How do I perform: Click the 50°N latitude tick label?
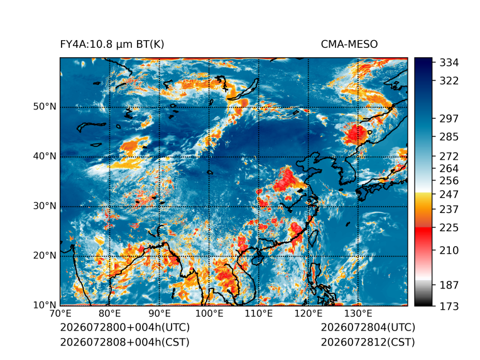point(45,107)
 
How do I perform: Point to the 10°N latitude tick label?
point(45,305)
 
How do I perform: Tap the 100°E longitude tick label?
point(209,314)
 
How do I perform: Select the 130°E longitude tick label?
point(358,314)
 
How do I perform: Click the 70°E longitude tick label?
point(60,314)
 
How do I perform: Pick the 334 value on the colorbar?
point(449,63)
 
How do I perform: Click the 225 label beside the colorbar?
point(449,228)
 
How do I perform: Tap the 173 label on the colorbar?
point(449,306)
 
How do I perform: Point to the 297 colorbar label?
point(449,119)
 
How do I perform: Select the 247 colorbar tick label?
point(449,194)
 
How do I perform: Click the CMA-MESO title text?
point(349,45)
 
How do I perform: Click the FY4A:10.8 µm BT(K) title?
point(112,45)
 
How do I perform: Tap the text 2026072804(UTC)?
point(368,327)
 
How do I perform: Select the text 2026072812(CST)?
point(368,342)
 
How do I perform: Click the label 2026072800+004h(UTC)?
point(125,327)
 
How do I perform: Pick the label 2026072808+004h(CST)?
point(125,342)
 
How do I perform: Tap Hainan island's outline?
point(258,260)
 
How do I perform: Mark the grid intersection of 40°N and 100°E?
point(209,157)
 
